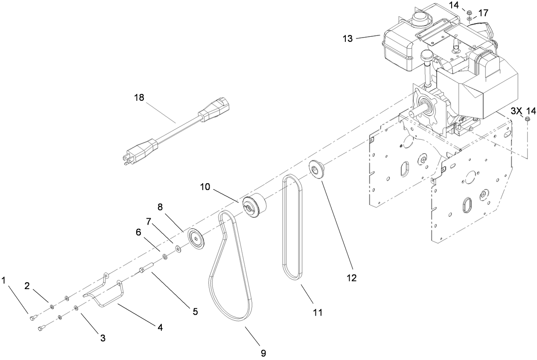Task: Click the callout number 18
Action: pos(139,97)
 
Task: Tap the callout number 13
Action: pos(347,38)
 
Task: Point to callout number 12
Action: pos(351,278)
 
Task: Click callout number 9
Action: pos(263,353)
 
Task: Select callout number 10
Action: pos(206,187)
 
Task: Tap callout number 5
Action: pos(195,311)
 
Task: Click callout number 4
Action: pos(160,328)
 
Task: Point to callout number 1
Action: pos(4,281)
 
